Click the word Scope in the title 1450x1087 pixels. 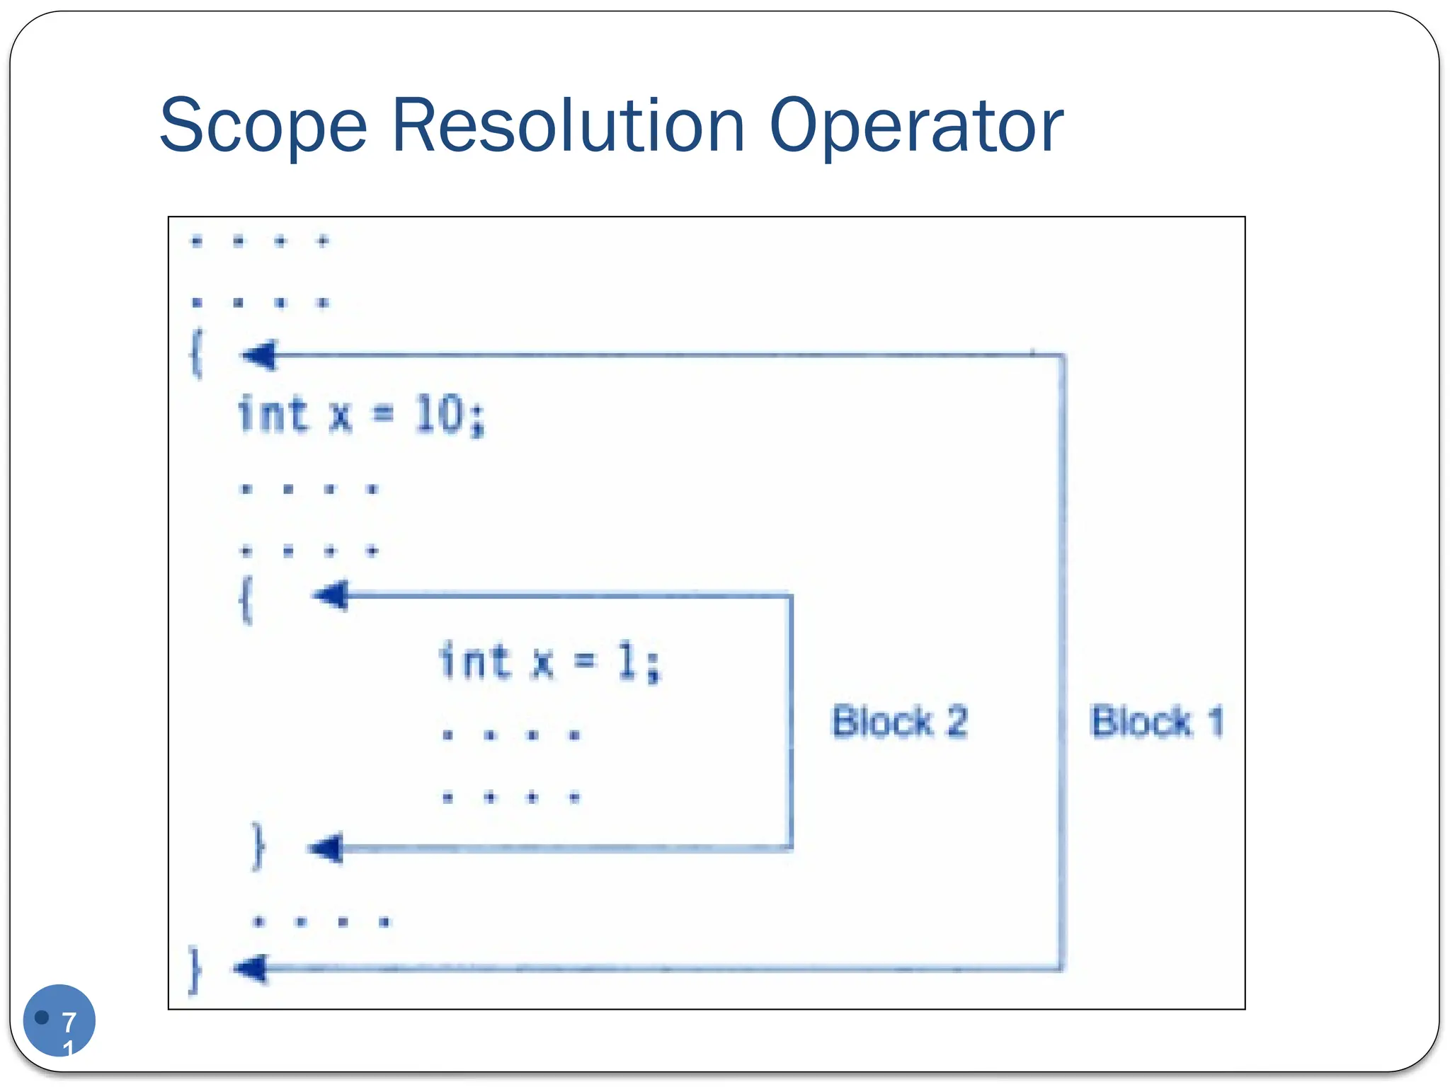point(263,126)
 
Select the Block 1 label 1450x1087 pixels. point(1157,722)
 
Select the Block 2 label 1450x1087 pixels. point(899,722)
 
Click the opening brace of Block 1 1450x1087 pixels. point(197,353)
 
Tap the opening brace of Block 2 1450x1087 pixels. point(246,599)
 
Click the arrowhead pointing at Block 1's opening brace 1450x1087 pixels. point(259,355)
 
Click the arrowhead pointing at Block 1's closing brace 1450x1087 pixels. point(251,968)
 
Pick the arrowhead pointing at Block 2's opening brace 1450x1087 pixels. point(331,595)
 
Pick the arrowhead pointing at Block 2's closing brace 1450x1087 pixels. point(326,848)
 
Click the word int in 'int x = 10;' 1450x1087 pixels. point(273,414)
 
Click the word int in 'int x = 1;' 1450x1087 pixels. point(474,661)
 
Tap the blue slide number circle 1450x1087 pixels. point(59,1020)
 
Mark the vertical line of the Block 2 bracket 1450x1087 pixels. point(790,722)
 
